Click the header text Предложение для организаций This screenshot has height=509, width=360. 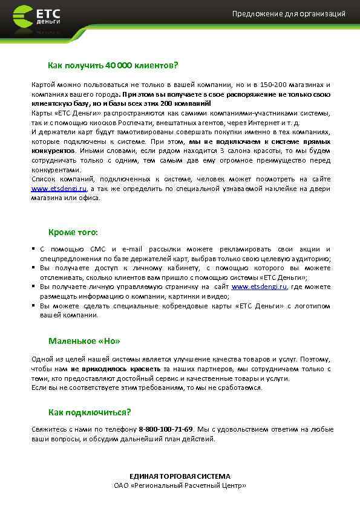(x=289, y=14)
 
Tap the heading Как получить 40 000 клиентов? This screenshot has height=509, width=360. (x=113, y=65)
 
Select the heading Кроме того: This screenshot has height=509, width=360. (x=73, y=232)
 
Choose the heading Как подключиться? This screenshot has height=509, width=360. (x=90, y=412)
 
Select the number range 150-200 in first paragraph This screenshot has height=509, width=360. (x=276, y=85)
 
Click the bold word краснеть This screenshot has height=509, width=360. (x=146, y=368)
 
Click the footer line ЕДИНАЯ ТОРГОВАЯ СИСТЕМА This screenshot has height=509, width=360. (x=180, y=476)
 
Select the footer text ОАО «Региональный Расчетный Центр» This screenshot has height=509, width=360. (x=180, y=485)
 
